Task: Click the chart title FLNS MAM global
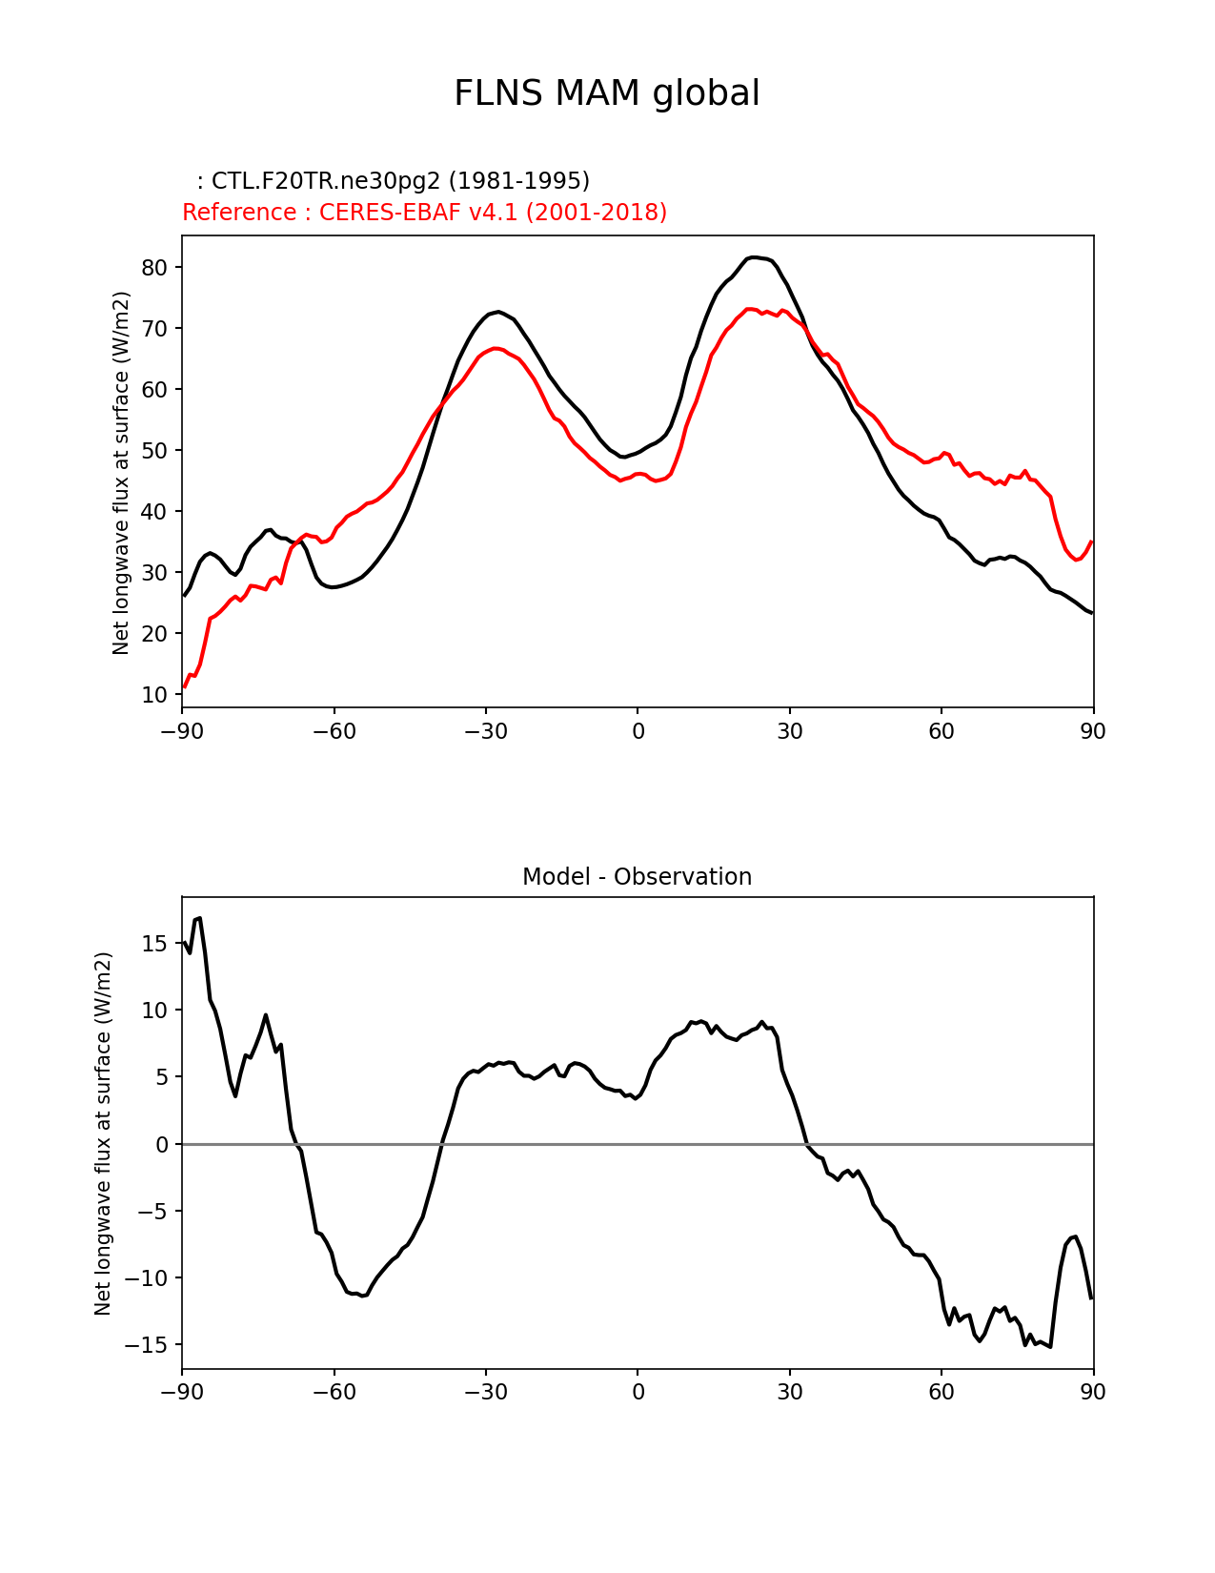(607, 94)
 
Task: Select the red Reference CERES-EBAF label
(424, 213)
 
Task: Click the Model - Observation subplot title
(637, 877)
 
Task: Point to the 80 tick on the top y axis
(154, 267)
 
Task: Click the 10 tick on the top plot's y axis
(154, 695)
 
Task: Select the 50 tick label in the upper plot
(154, 450)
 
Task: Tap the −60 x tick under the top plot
(334, 731)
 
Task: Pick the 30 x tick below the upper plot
(789, 731)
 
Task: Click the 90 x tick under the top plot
(1093, 731)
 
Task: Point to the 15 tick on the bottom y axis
(154, 944)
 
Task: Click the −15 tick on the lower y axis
(149, 1345)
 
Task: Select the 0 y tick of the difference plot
(161, 1144)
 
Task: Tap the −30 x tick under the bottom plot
(485, 1392)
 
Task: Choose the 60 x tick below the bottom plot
(941, 1392)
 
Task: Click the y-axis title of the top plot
(121, 473)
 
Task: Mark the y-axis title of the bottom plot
(103, 1134)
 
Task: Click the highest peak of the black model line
(753, 257)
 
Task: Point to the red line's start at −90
(184, 686)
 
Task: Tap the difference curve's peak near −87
(199, 918)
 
